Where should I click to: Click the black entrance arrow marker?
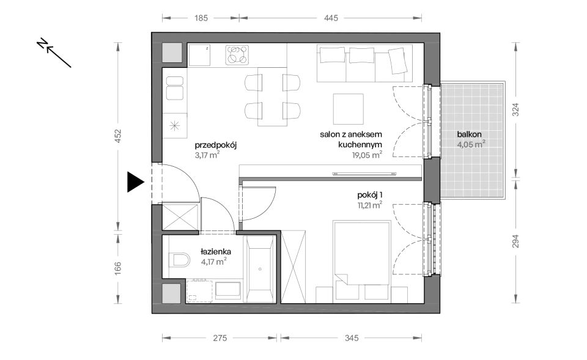[135, 182]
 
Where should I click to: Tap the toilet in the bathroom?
[179, 260]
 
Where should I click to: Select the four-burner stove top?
[237, 54]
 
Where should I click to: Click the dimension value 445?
[331, 18]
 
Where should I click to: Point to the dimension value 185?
[201, 18]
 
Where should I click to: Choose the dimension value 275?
[220, 338]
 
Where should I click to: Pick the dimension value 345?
[352, 338]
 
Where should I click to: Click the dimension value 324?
[516, 109]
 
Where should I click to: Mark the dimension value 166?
[118, 268]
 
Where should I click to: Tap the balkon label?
[469, 134]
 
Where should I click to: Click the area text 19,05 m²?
[367, 155]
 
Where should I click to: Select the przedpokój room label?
[216, 145]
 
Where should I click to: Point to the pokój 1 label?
[369, 195]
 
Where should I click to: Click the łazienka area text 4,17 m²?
[213, 261]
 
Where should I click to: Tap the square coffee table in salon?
[348, 109]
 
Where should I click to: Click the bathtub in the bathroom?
[260, 268]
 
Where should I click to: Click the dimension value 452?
[118, 136]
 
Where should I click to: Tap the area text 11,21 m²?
[369, 205]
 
